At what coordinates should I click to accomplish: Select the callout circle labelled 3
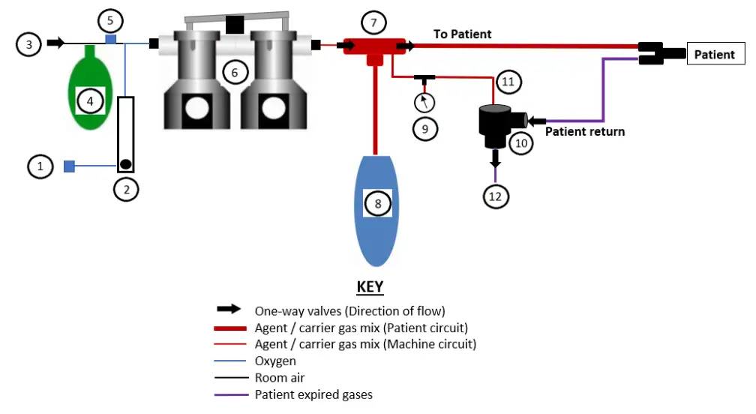tap(29, 44)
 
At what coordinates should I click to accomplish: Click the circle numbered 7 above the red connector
tap(373, 22)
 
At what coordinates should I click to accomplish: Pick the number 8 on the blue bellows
tap(378, 203)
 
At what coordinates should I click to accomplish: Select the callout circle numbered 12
tap(496, 196)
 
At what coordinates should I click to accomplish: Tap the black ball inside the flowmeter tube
tap(126, 164)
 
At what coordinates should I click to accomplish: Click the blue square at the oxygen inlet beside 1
tap(69, 166)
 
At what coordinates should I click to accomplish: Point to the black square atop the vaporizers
tap(235, 25)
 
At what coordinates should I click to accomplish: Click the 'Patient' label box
tap(714, 54)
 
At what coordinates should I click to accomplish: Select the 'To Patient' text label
tap(463, 34)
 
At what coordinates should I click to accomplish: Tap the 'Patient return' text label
tap(584, 131)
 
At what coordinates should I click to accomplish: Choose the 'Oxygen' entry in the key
tap(275, 361)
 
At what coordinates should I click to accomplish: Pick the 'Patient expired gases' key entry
tap(313, 394)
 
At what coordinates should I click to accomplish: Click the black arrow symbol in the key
tap(228, 309)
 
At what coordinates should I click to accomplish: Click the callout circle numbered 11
tap(508, 82)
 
